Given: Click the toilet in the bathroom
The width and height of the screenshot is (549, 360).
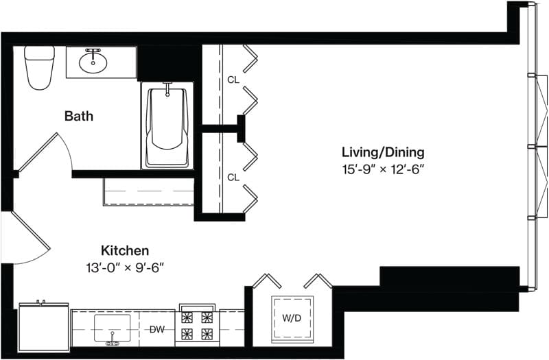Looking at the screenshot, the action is (x=39, y=67).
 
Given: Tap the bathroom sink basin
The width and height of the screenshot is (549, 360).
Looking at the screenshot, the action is (x=93, y=63).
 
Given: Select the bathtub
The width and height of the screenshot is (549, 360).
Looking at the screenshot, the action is (x=167, y=126).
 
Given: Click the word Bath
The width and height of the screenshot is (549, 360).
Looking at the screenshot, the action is (x=79, y=116).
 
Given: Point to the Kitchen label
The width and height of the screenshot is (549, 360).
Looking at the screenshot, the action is (x=125, y=250).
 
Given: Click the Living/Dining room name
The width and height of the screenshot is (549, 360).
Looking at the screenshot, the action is (x=383, y=152).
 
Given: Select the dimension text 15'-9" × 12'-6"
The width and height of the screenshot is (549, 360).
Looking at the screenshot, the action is (x=383, y=170).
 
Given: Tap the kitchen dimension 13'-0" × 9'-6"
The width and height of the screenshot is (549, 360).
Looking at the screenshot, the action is (x=125, y=268).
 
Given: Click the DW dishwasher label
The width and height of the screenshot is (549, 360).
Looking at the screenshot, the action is (x=157, y=330).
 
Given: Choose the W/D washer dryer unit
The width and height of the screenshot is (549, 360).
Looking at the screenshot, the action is (x=292, y=318).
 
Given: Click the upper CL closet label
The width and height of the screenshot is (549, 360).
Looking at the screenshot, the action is (x=233, y=80).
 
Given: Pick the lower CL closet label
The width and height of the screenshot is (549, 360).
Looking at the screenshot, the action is (x=233, y=178).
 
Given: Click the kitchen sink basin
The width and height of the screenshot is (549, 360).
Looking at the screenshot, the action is (x=112, y=328).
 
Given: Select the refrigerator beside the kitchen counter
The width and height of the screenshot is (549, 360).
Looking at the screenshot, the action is (x=44, y=327).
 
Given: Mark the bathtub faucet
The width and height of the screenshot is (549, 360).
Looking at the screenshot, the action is (x=167, y=88).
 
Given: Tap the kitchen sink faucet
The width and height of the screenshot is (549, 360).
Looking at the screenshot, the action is (x=113, y=341).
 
